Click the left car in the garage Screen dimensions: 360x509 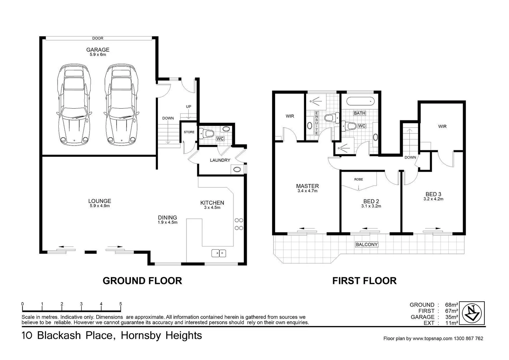[74, 105]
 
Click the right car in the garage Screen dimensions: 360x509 [122, 105]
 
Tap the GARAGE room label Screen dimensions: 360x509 [98, 50]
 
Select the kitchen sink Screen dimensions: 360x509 [219, 253]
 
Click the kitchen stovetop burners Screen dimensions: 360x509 [239, 224]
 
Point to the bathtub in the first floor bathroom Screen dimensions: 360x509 [360, 101]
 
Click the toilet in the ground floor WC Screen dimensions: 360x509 [207, 134]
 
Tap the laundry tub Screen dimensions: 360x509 [237, 169]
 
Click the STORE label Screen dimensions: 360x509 [189, 132]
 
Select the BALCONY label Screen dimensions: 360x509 [366, 244]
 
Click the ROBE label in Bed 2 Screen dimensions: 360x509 [358, 179]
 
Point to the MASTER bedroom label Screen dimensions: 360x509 [307, 186]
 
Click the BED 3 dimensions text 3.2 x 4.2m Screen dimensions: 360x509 [433, 199]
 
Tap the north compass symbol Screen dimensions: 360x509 [473, 313]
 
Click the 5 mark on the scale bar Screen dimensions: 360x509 [121, 304]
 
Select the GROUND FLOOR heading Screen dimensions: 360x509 [142, 281]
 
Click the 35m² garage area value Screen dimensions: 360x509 [452, 317]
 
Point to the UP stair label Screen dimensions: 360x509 [189, 107]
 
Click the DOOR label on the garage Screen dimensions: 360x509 [98, 38]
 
